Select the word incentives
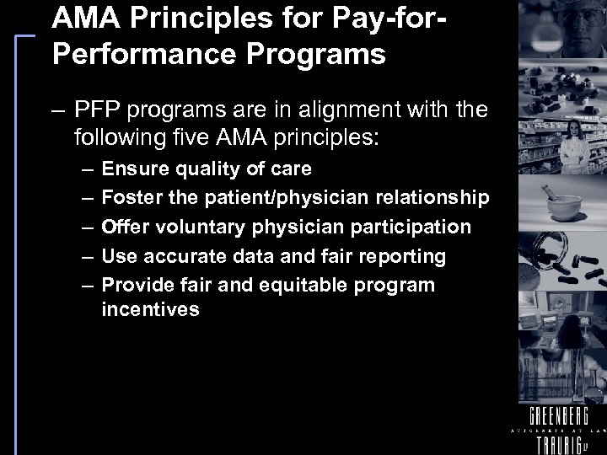[x=150, y=309]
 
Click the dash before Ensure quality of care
[x=89, y=169]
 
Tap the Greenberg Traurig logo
[x=558, y=426]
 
